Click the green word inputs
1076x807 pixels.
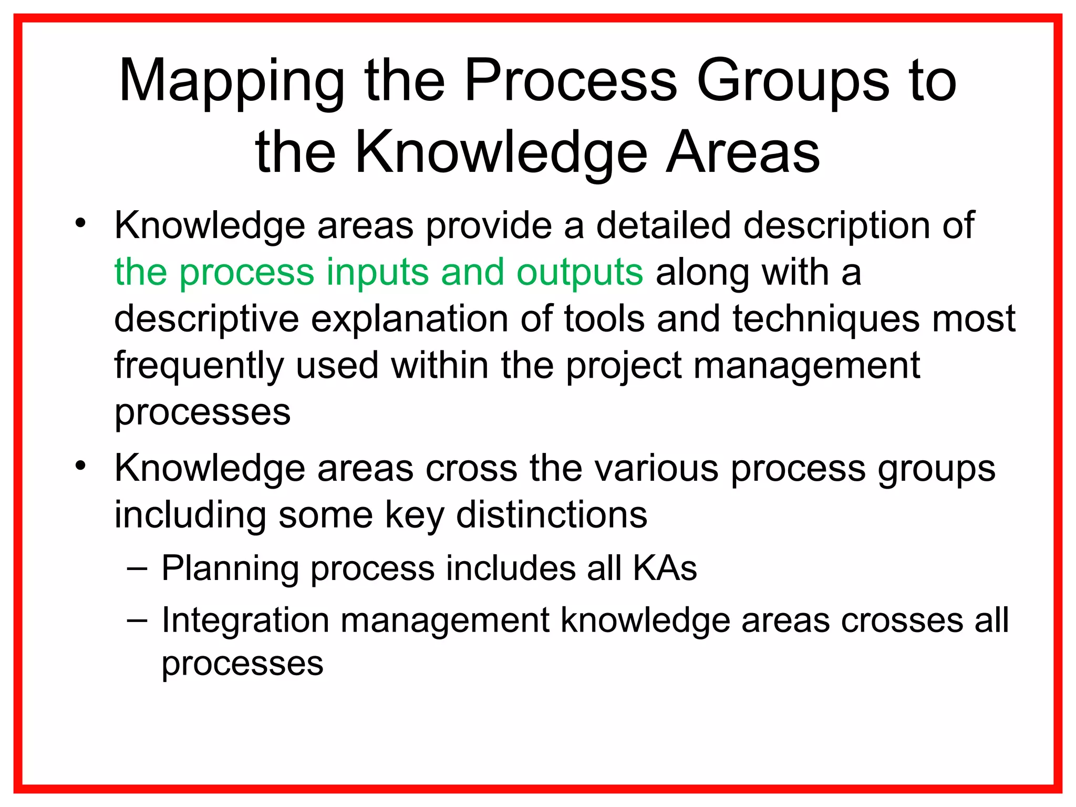377,272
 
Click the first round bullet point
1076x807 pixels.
80,223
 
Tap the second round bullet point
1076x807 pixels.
80,465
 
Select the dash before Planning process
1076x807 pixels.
137,567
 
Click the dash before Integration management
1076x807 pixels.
137,619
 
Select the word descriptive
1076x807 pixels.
206,319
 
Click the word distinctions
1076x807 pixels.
552,514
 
